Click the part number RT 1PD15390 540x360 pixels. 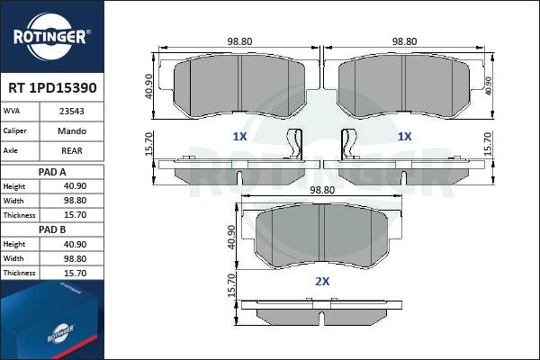point(52,88)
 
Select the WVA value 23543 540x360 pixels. point(72,112)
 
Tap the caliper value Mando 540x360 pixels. point(72,131)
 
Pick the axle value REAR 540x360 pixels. point(72,151)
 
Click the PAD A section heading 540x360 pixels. point(52,172)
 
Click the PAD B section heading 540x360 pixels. point(52,229)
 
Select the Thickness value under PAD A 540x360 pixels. point(75,215)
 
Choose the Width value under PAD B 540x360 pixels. point(75,258)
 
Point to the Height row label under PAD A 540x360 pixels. point(14,186)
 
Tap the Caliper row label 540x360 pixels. point(14,130)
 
